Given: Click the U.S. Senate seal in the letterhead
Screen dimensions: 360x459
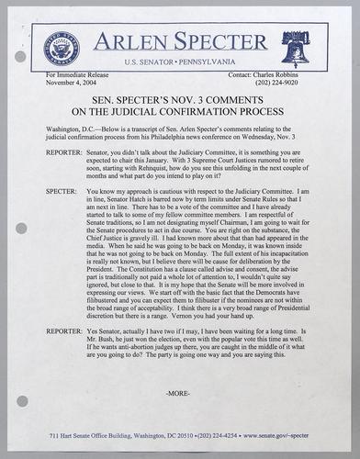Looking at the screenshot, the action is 69,47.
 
